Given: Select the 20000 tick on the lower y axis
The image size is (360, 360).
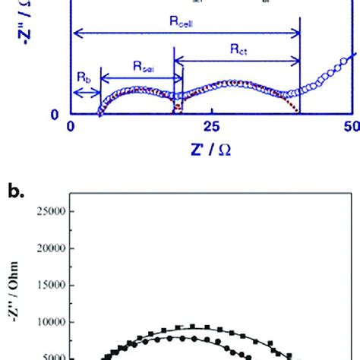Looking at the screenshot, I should [x=48, y=248].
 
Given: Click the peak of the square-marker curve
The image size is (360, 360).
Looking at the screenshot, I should [x=194, y=327].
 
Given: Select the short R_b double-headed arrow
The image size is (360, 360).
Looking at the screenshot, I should [x=86, y=95].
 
